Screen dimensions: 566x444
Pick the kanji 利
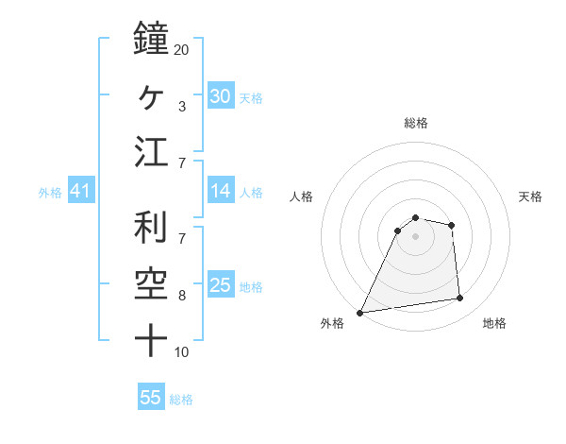click(x=150, y=228)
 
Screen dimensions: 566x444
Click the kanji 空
click(x=150, y=284)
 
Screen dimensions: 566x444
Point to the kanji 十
click(x=150, y=340)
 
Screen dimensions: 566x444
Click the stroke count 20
click(x=182, y=49)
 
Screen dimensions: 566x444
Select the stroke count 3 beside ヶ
click(x=181, y=107)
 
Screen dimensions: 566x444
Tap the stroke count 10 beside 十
click(x=182, y=352)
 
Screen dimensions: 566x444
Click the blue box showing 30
click(x=220, y=96)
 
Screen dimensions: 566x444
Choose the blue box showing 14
click(x=220, y=191)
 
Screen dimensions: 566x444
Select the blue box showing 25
click(x=220, y=285)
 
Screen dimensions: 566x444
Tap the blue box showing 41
click(x=80, y=192)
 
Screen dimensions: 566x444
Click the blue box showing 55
click(x=151, y=398)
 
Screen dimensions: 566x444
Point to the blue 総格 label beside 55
click(x=181, y=400)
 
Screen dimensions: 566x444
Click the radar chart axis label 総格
click(x=416, y=123)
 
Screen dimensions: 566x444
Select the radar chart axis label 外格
click(x=332, y=323)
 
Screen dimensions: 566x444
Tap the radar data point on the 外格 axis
click(x=360, y=313)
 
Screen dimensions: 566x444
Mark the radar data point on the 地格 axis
click(x=460, y=299)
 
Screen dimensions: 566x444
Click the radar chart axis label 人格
click(x=302, y=196)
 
